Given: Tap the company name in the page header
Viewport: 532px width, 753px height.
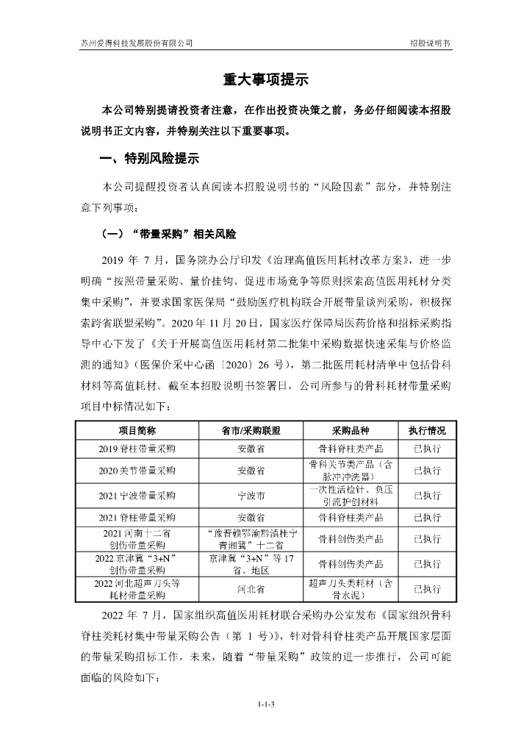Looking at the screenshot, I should [x=137, y=43].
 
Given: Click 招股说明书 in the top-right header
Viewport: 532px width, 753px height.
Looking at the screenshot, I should [x=430, y=43].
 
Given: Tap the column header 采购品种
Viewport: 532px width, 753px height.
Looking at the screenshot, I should [x=345, y=430].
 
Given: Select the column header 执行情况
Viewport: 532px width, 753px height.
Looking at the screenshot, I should [x=426, y=430].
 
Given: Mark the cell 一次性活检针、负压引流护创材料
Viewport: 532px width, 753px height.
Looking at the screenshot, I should [x=345, y=494].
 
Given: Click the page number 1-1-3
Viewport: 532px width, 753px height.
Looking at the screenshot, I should [x=265, y=704].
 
